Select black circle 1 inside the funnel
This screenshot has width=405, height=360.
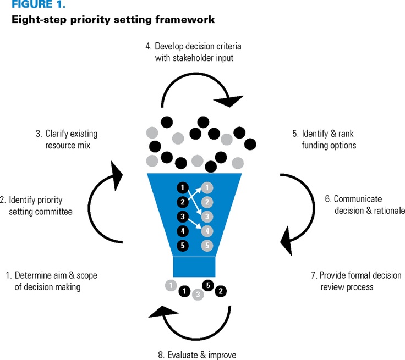[182, 187]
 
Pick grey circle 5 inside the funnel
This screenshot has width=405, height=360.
[206, 246]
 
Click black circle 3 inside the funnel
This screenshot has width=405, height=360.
[182, 216]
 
